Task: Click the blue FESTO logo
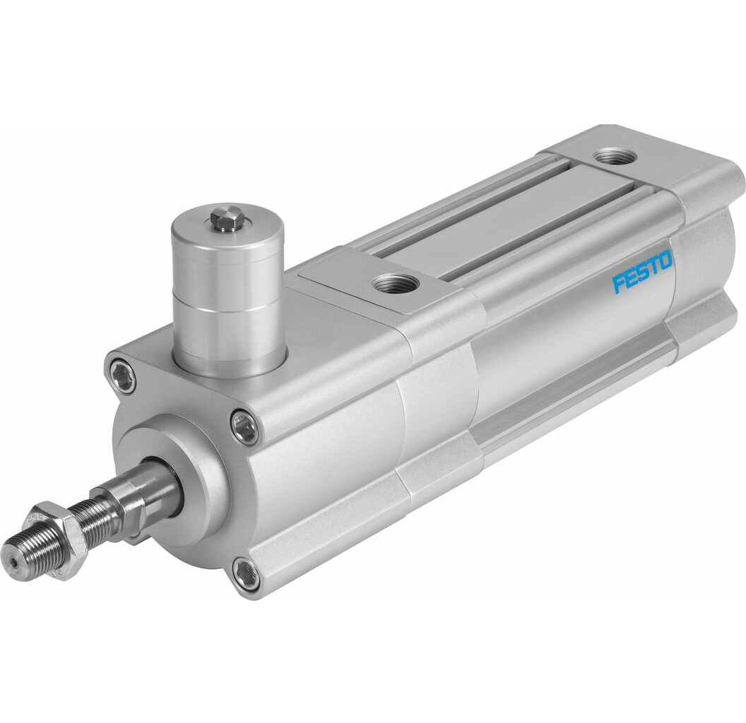tap(642, 273)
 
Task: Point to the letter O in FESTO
tap(665, 263)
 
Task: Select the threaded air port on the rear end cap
tap(617, 156)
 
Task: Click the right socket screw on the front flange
tap(244, 427)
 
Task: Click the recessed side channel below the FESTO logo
tap(579, 395)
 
